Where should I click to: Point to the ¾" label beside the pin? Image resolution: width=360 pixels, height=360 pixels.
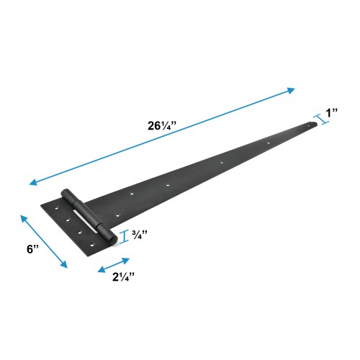140,235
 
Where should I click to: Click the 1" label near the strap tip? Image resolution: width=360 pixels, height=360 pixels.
333,113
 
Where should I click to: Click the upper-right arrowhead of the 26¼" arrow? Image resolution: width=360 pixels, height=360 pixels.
292,90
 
